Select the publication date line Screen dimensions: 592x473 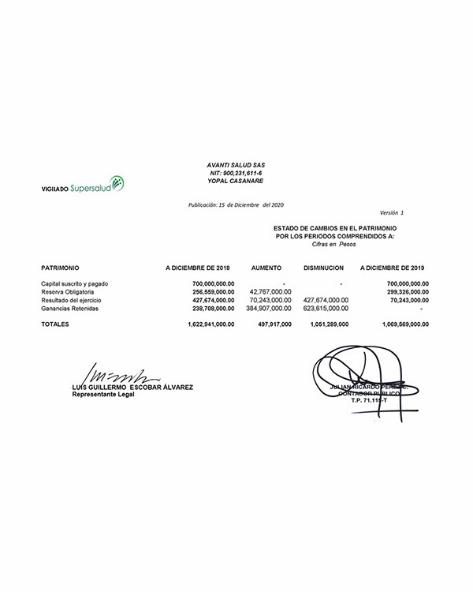pyautogui.click(x=236, y=204)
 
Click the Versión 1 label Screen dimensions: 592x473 pyautogui.click(x=391, y=213)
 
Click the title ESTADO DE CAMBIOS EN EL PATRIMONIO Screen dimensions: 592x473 pyautogui.click(x=335, y=228)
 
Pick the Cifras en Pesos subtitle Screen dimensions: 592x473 pyautogui.click(x=334, y=244)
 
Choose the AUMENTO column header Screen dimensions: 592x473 pyautogui.click(x=266, y=268)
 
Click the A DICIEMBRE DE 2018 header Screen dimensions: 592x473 pyautogui.click(x=198, y=268)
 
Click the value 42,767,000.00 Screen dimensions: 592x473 pyautogui.click(x=270, y=292)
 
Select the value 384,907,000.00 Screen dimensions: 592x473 pyautogui.click(x=269, y=309)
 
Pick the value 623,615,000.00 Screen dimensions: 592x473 pyautogui.click(x=326, y=309)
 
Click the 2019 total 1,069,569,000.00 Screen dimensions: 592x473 pyautogui.click(x=397, y=324)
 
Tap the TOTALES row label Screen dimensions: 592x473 pyautogui.click(x=55, y=324)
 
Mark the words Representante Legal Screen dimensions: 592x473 pyautogui.click(x=102, y=395)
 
